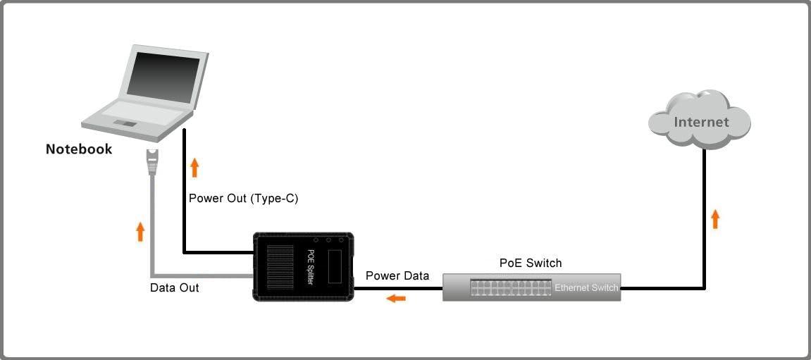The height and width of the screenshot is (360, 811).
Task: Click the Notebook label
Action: click(79, 149)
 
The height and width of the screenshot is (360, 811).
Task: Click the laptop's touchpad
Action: click(126, 124)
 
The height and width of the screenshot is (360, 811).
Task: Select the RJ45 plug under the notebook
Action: click(152, 161)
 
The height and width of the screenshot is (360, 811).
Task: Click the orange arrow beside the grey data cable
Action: click(140, 231)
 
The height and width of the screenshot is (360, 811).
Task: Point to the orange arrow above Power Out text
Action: click(195, 168)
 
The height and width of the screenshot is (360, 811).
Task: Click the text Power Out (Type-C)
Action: click(244, 199)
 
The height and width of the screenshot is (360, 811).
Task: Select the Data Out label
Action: click(175, 287)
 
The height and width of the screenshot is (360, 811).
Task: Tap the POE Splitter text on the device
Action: click(311, 267)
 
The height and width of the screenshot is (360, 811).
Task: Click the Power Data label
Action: click(397, 276)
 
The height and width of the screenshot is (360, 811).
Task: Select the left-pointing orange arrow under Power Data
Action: click(397, 298)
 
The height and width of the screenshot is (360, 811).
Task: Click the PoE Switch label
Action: click(531, 263)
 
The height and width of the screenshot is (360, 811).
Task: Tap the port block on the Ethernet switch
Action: click(511, 287)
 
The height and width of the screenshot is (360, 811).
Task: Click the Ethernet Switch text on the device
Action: click(586, 287)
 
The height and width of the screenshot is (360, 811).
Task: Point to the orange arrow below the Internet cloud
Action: click(715, 218)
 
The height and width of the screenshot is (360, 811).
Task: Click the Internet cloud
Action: click(700, 120)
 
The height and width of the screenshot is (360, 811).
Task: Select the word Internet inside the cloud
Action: click(701, 122)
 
